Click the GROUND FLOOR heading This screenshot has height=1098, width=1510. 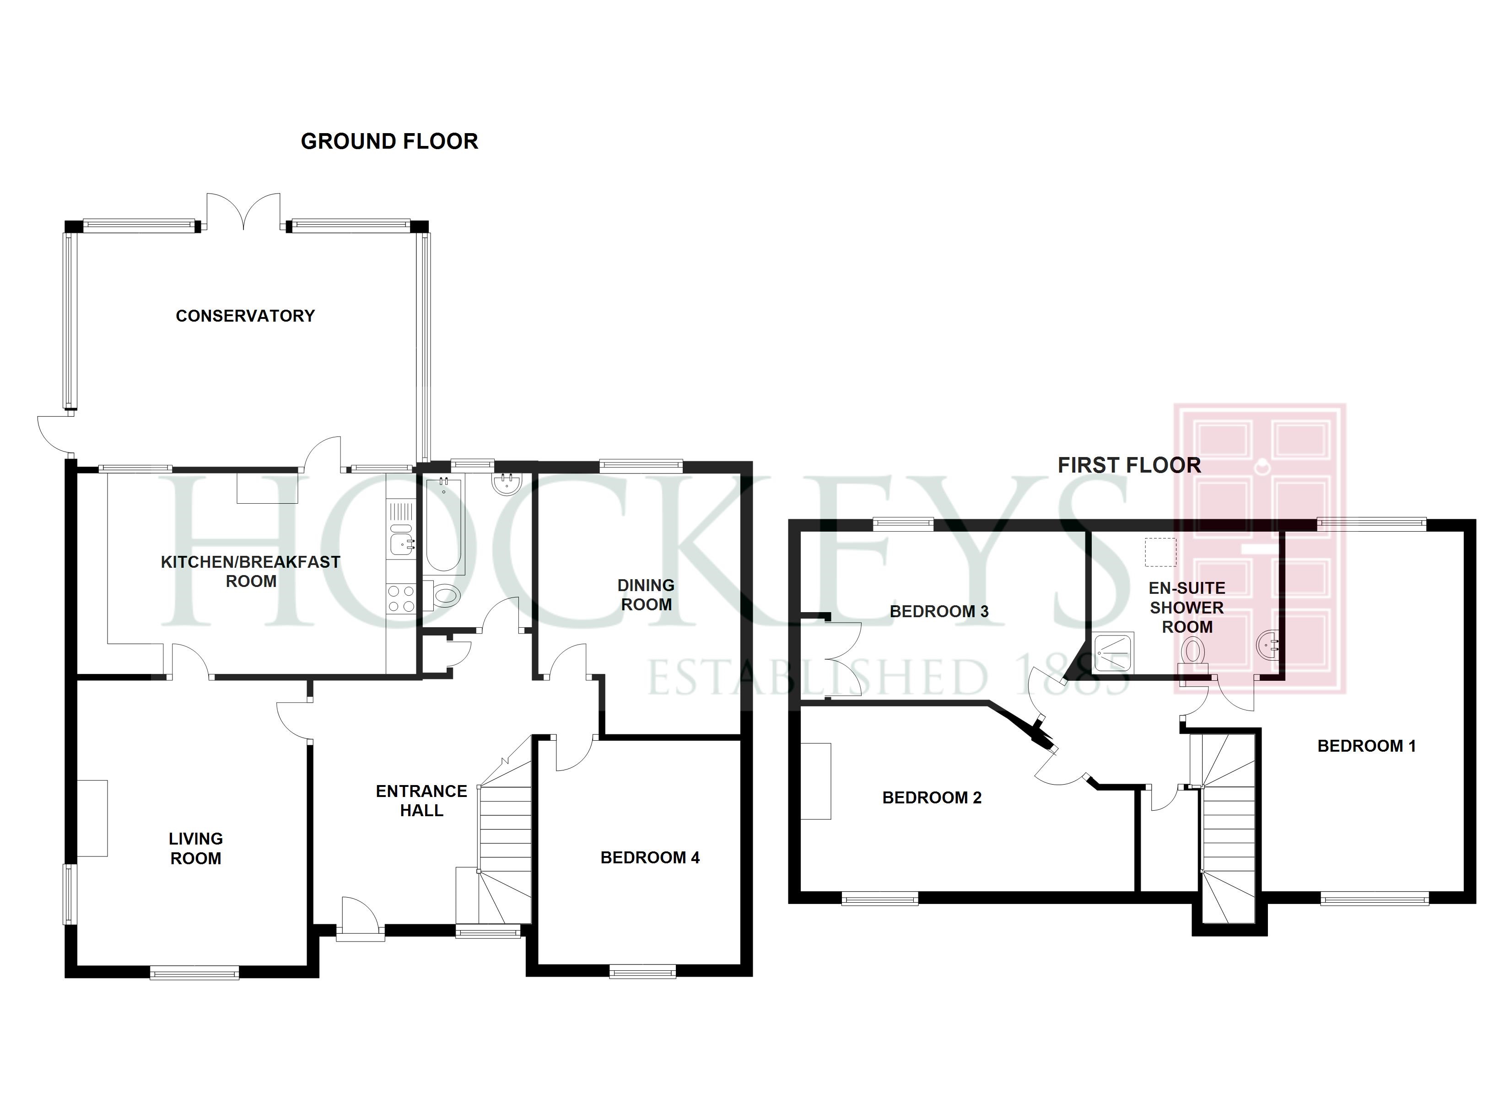(389, 141)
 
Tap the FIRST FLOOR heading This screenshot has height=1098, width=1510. (1129, 465)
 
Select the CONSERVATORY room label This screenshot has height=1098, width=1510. (245, 316)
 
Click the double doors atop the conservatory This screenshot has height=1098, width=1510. (243, 212)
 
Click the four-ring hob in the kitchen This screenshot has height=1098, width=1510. (401, 597)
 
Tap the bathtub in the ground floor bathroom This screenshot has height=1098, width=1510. (444, 526)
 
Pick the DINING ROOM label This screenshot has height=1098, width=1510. (646, 595)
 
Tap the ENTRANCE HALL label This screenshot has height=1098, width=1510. (421, 800)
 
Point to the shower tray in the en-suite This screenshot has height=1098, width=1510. (1113, 652)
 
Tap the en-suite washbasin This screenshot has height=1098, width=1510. (1267, 645)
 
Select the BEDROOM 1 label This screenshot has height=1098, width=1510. (1366, 746)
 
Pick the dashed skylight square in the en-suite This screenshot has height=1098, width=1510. (1160, 552)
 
